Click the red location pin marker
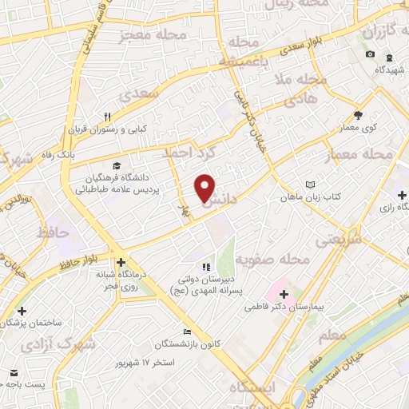point(205,188)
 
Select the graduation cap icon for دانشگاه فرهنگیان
point(117,166)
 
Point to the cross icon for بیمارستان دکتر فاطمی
point(284,295)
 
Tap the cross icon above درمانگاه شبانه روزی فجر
point(120,262)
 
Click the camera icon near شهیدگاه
point(370,54)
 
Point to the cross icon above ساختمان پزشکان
point(22,311)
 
